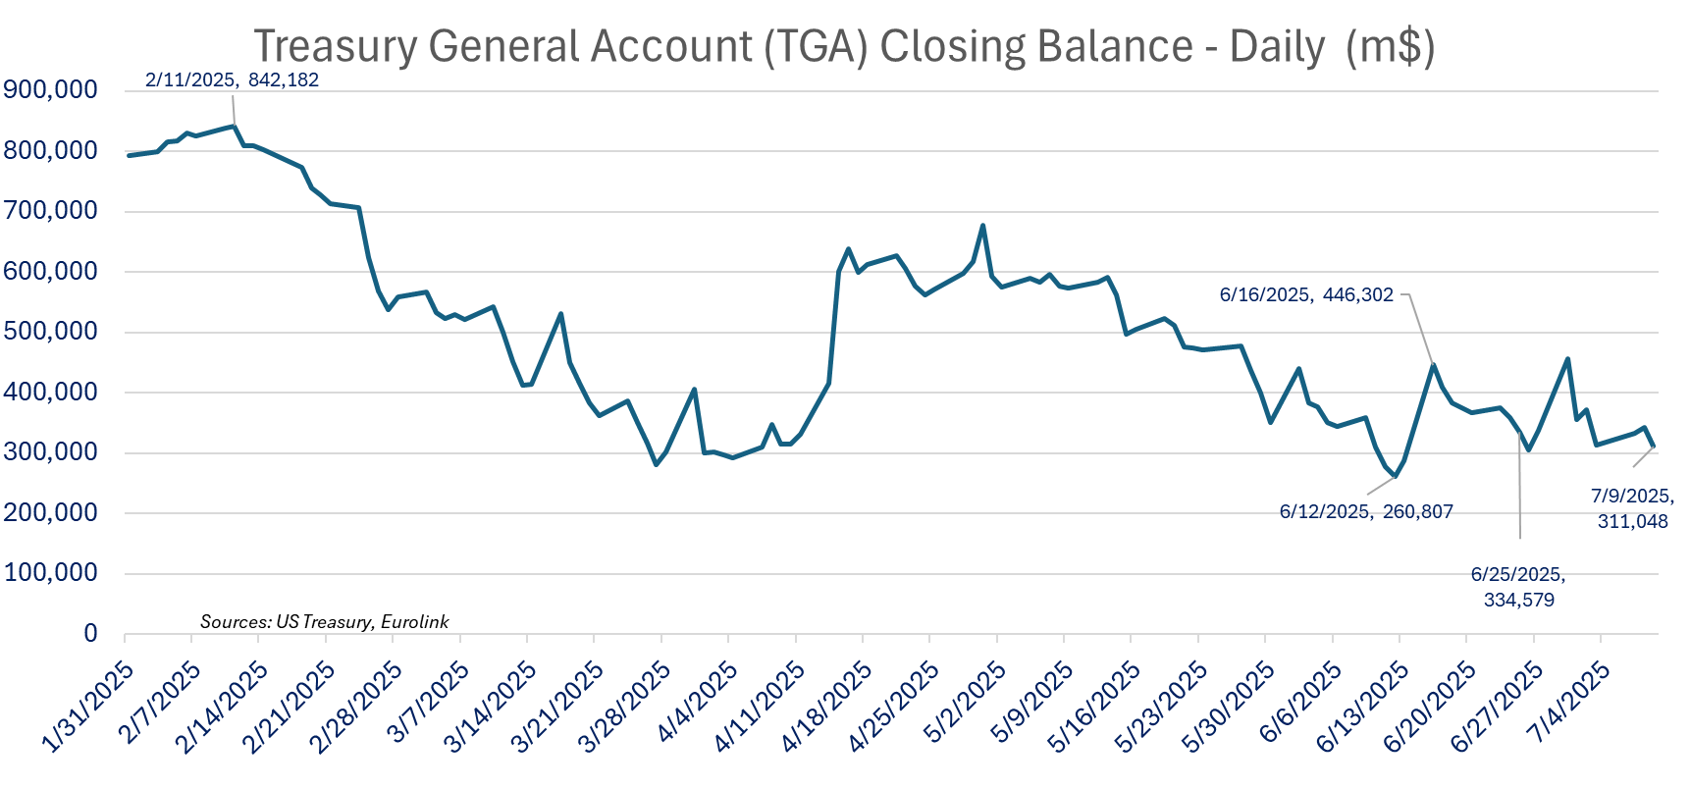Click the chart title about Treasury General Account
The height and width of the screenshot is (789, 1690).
point(844,46)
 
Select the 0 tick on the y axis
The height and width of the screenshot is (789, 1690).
point(90,634)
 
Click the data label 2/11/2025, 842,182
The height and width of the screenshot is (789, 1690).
point(232,80)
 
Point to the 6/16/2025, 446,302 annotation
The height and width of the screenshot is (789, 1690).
point(1306,294)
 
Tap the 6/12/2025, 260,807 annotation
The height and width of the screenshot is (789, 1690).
point(1366,511)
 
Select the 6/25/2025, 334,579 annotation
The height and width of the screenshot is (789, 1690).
point(1518,587)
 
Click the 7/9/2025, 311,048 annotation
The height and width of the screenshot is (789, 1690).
point(1632,508)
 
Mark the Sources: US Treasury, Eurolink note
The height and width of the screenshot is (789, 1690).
point(324,622)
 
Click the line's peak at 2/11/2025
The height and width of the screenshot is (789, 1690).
point(234,126)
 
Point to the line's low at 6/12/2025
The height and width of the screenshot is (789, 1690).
point(1395,477)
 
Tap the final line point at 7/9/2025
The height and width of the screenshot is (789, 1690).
point(1654,447)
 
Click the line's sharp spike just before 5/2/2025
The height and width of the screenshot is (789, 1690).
point(982,226)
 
